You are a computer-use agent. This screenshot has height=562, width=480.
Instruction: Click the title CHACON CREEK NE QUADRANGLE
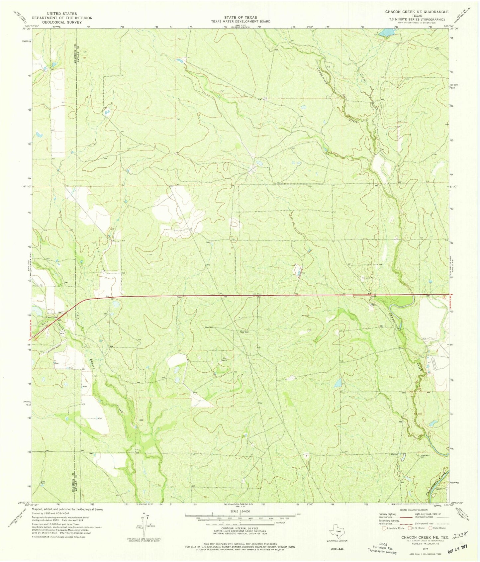coord(417,12)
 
